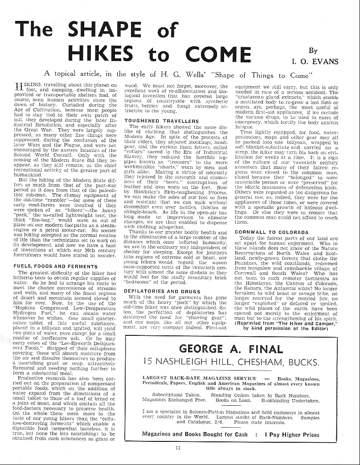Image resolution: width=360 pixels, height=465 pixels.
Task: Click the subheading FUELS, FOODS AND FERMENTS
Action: (x=56, y=266)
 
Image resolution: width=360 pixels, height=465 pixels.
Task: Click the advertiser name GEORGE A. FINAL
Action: (x=231, y=349)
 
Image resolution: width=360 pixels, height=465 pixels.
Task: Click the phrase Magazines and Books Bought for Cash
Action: (x=195, y=434)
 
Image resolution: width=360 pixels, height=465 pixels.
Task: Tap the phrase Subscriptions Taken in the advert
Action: (x=176, y=395)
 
